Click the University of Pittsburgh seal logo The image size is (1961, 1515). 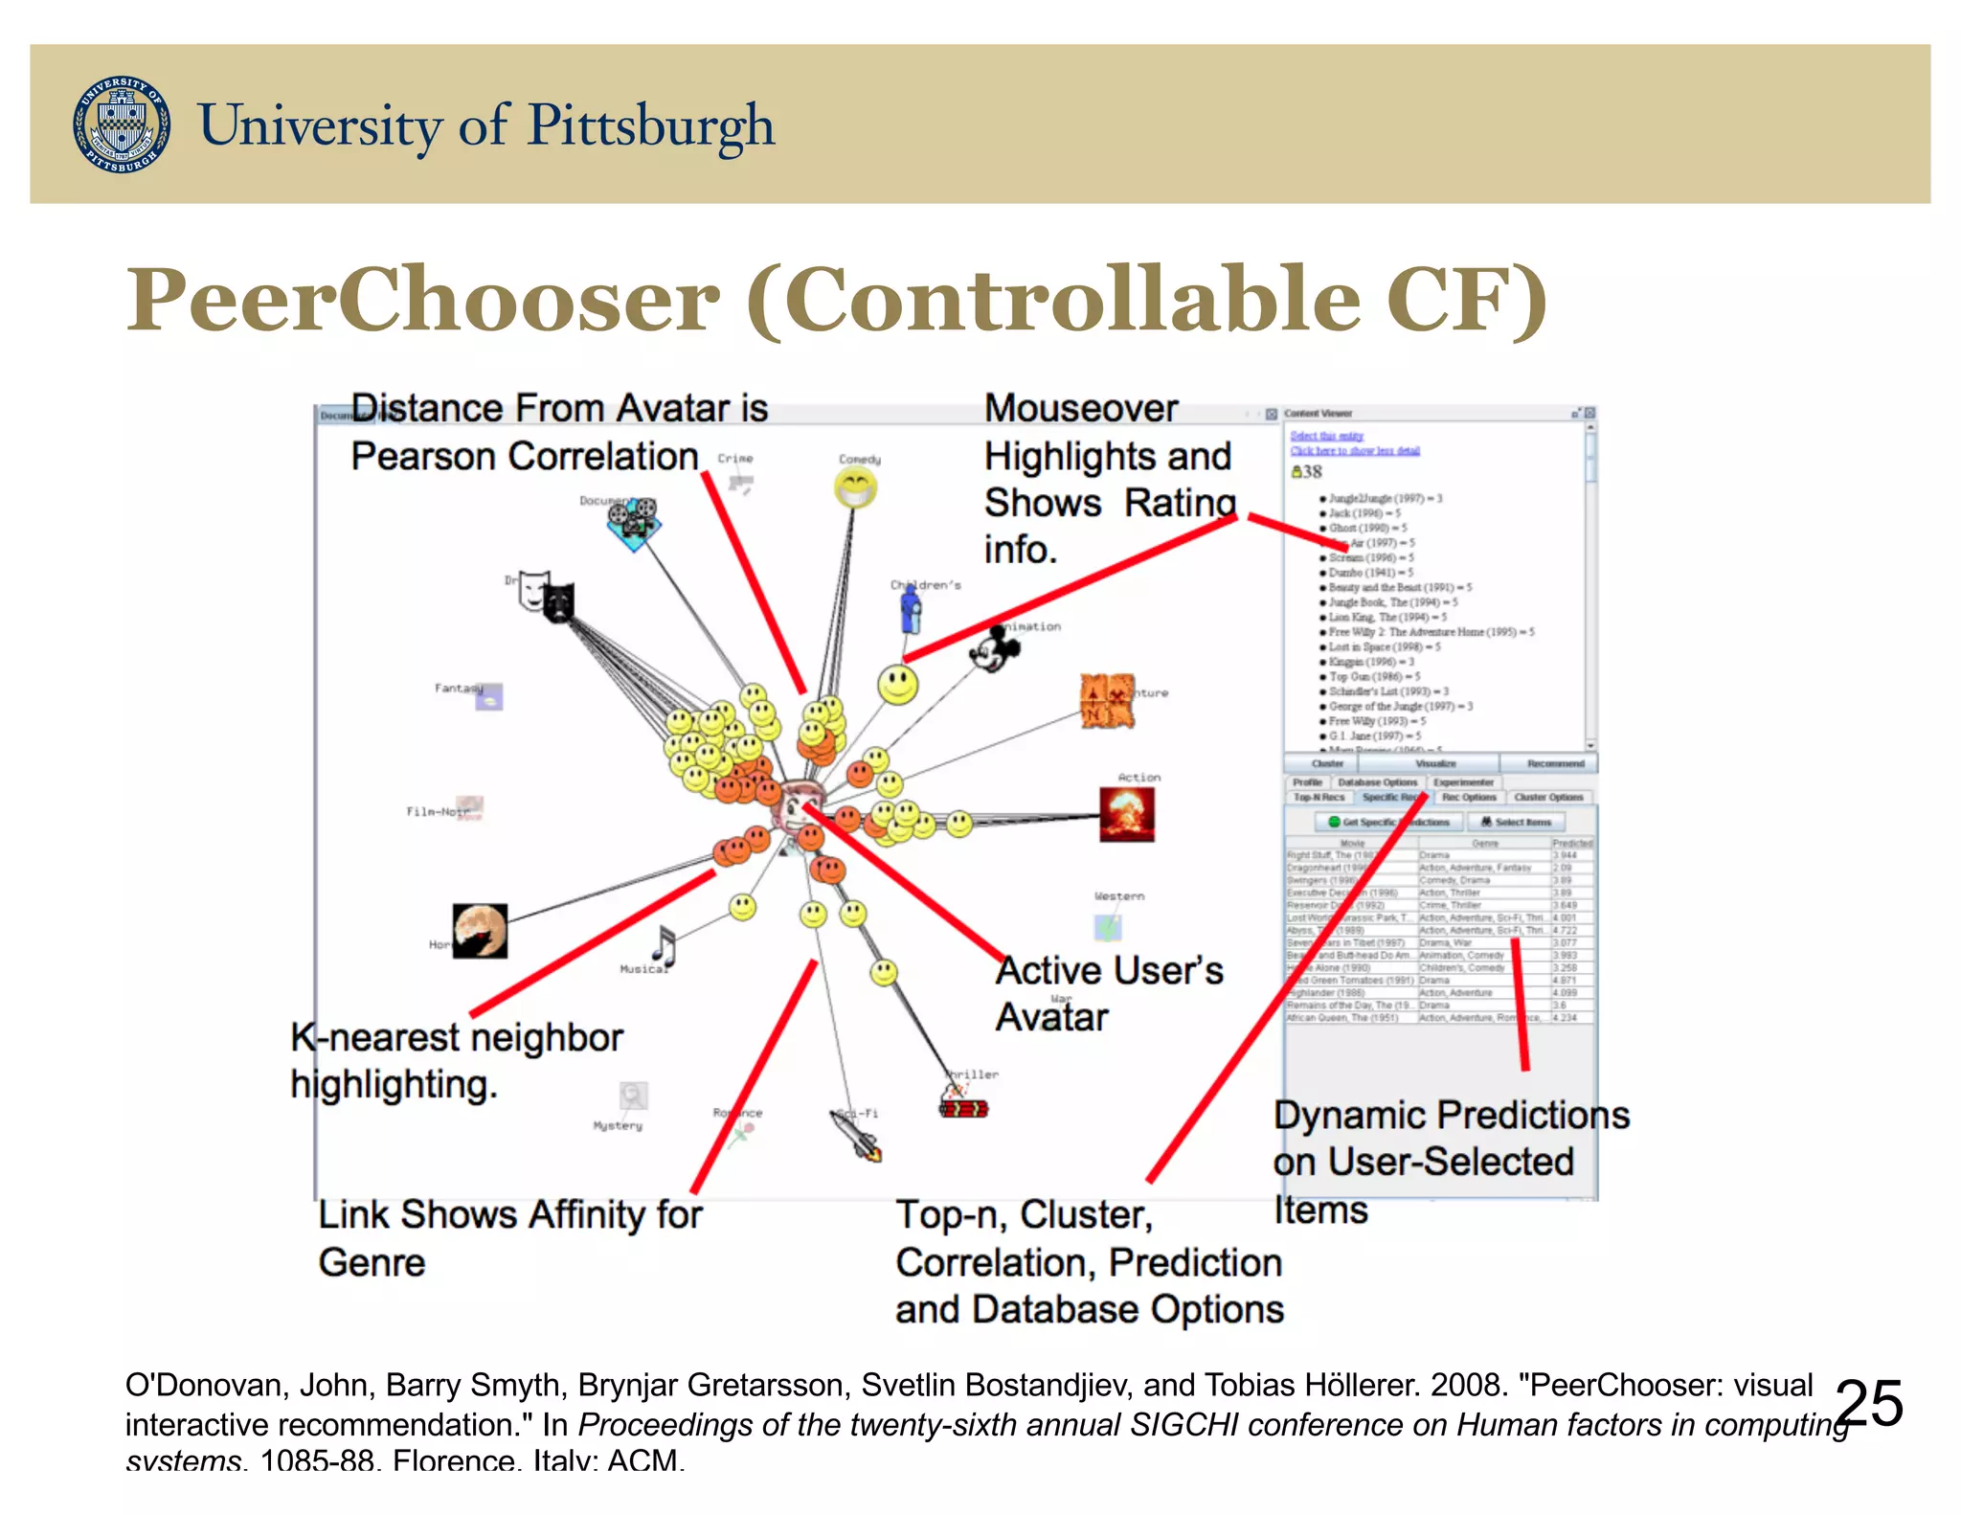(122, 124)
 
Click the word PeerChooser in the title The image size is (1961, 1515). (421, 299)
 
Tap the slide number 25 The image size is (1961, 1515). (1869, 1404)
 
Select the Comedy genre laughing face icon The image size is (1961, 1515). (855, 489)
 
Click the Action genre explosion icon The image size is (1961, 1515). (1127, 814)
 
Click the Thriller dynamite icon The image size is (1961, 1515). (962, 1106)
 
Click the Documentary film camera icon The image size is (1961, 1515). (634, 523)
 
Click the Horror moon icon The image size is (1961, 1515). (480, 930)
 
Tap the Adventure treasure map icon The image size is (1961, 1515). (1107, 700)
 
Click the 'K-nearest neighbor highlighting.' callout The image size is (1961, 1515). (456, 1061)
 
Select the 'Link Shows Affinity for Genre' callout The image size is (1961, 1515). (509, 1237)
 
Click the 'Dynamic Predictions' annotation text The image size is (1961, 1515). (1450, 1115)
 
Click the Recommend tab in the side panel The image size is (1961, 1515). (1555, 763)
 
